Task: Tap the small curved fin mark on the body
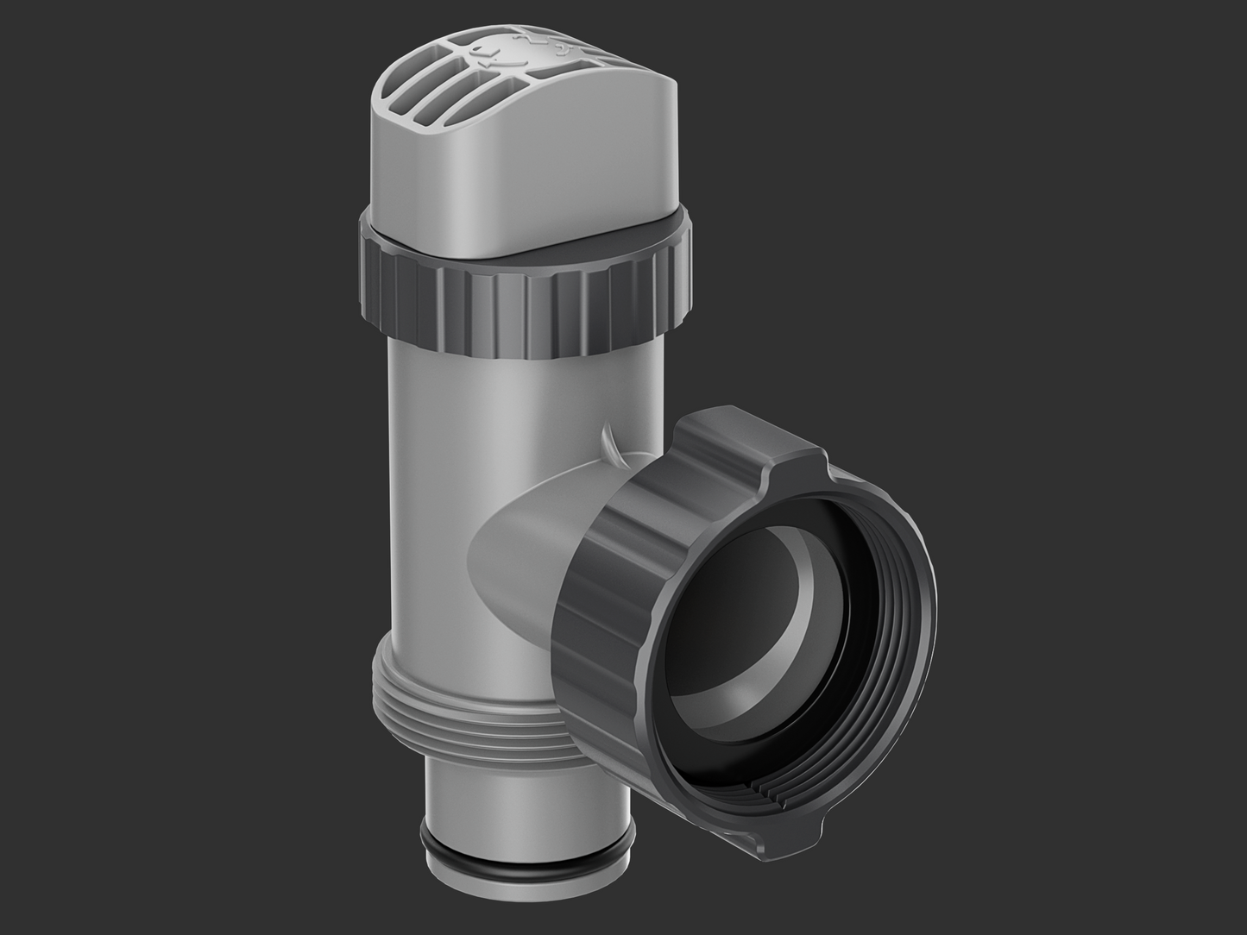pyautogui.click(x=609, y=439)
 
